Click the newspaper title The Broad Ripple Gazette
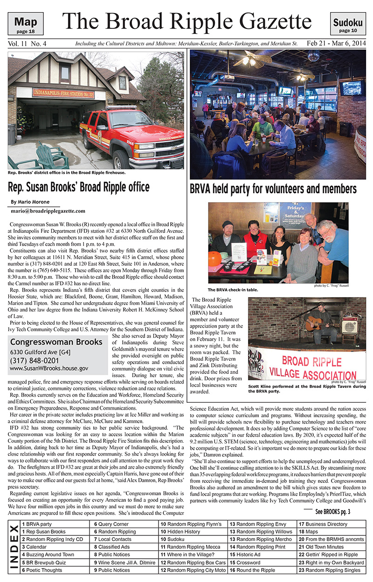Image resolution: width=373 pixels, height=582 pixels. click(x=186, y=21)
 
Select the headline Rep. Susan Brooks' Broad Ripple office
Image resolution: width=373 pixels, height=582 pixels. click(x=79, y=187)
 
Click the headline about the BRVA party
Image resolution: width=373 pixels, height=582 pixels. click(x=273, y=189)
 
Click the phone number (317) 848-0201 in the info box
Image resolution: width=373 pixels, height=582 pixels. click(x=35, y=360)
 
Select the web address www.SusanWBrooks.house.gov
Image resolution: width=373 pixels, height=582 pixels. click(x=49, y=368)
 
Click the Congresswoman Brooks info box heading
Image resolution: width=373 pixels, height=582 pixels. click(x=56, y=342)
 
